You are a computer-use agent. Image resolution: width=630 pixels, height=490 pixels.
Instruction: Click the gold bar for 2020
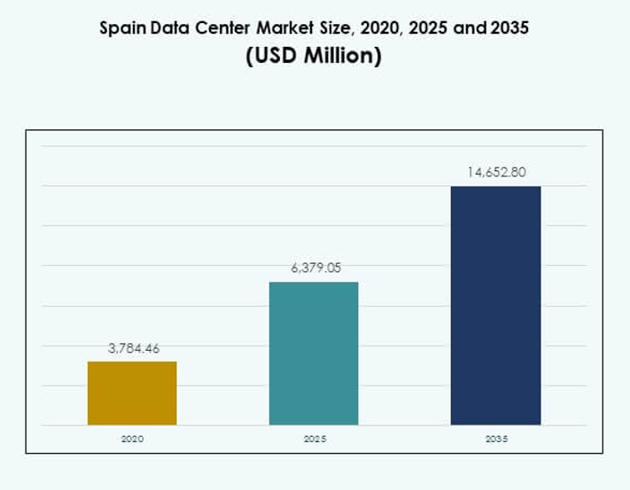coord(132,393)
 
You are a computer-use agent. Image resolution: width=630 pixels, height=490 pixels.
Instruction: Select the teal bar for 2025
coord(314,354)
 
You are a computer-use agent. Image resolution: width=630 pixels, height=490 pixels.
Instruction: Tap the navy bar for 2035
coord(495,306)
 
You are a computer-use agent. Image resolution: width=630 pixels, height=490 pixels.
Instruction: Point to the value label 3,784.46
coord(134,349)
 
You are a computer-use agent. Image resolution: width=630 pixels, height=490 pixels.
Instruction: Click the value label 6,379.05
coord(315,268)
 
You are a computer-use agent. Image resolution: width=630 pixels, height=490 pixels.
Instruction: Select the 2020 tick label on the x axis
coord(132,439)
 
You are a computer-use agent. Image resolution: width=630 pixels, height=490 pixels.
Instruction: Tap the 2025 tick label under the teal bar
coord(314,439)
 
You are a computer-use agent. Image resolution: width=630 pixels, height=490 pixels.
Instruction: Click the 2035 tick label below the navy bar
coord(495,439)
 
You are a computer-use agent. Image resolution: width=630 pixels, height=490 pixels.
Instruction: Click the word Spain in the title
coord(121,27)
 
